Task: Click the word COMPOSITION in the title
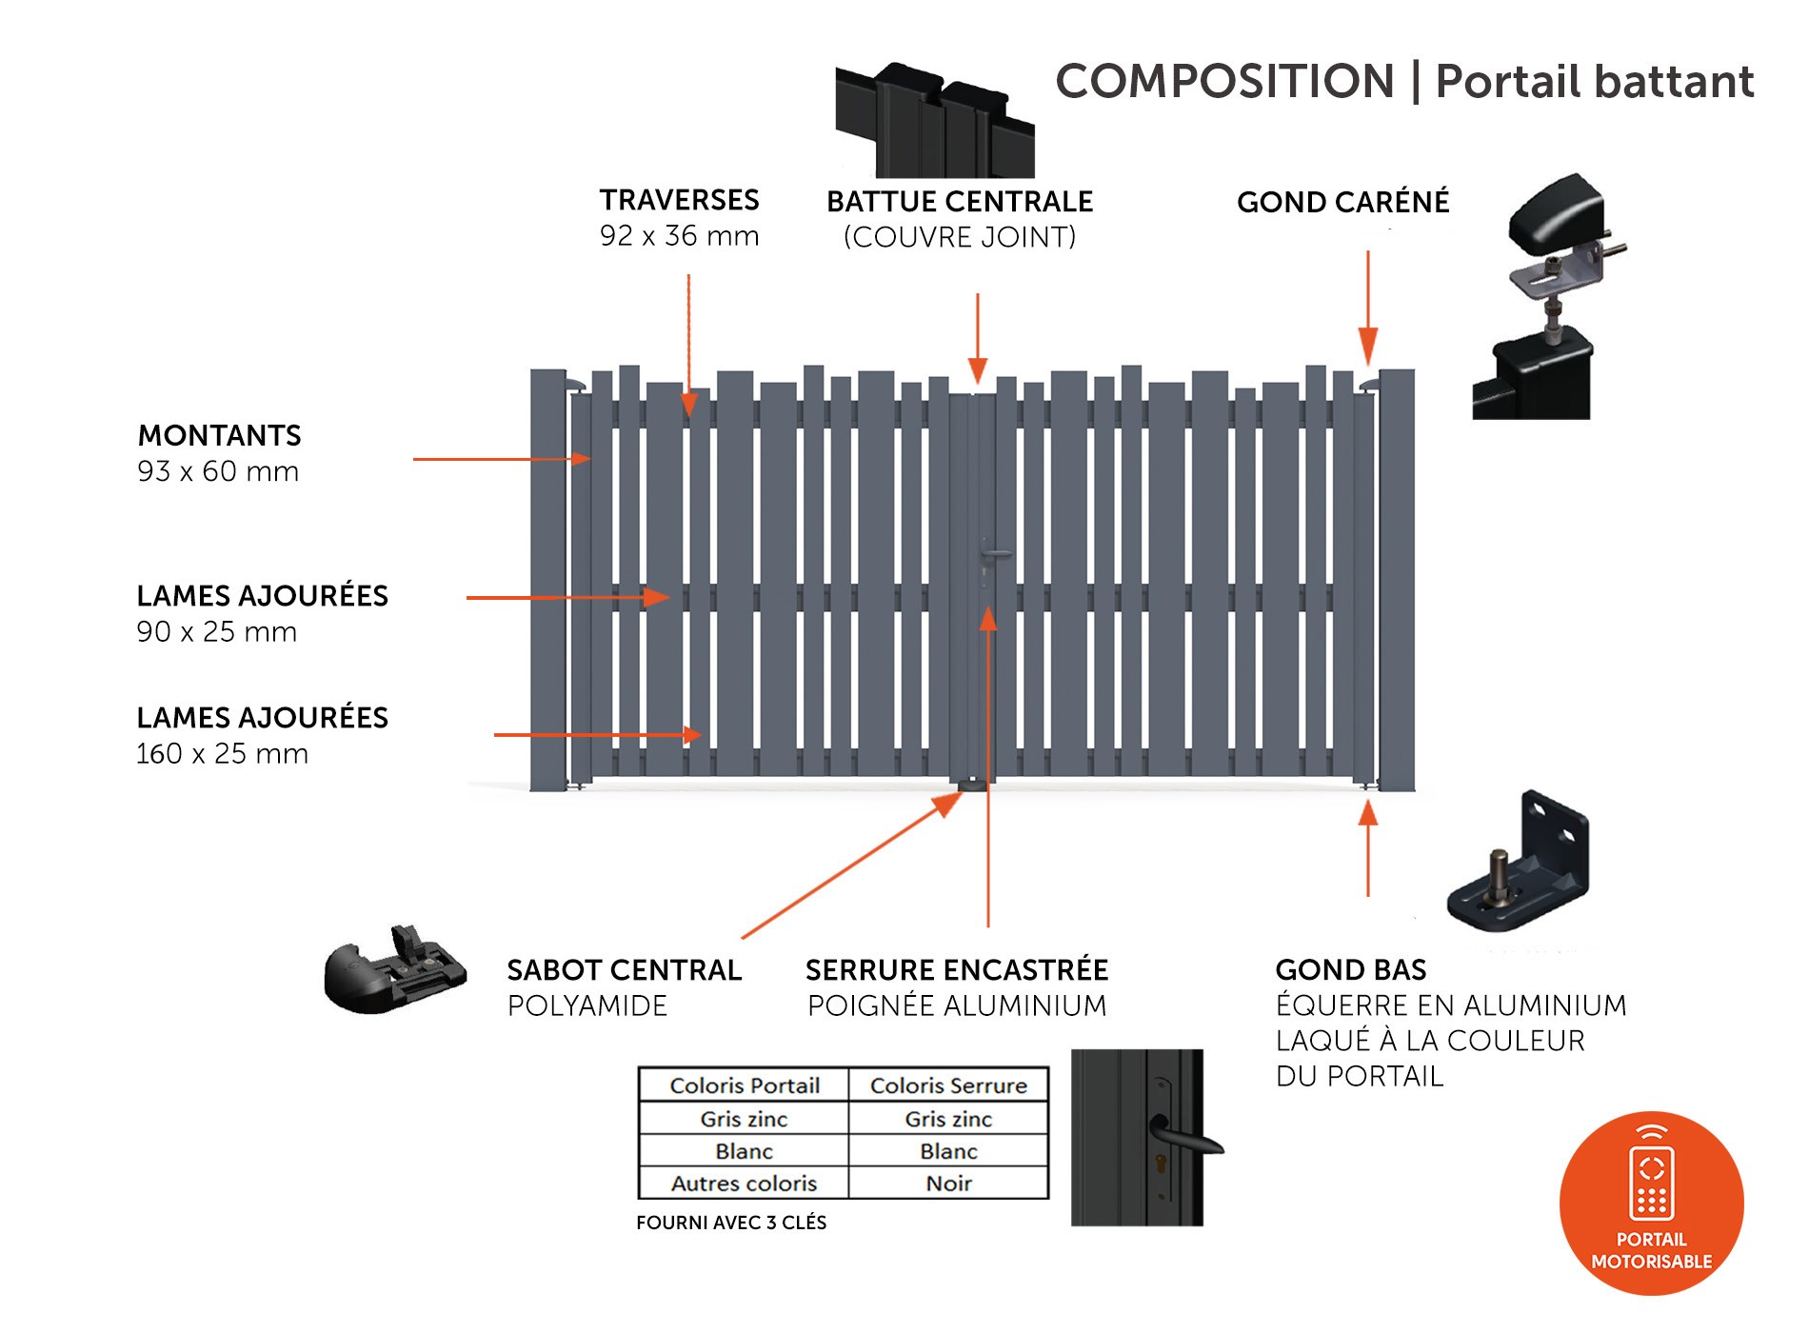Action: (x=1224, y=81)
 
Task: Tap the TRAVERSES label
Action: (x=679, y=200)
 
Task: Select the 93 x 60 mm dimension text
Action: (x=218, y=471)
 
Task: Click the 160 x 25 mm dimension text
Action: (x=222, y=754)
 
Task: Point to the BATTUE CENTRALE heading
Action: (x=960, y=202)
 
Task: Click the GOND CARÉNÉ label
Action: (x=1343, y=202)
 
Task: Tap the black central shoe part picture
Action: (x=395, y=969)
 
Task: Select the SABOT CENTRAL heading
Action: (x=624, y=970)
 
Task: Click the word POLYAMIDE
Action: (x=587, y=1005)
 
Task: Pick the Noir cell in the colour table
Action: (x=948, y=1184)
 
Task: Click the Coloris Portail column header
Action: (x=745, y=1085)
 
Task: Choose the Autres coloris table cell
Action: (x=745, y=1184)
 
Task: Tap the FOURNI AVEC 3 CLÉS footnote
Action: (x=731, y=1223)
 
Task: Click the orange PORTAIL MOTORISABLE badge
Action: (x=1652, y=1204)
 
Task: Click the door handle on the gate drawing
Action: (x=995, y=553)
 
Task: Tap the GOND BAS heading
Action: (x=1351, y=970)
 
